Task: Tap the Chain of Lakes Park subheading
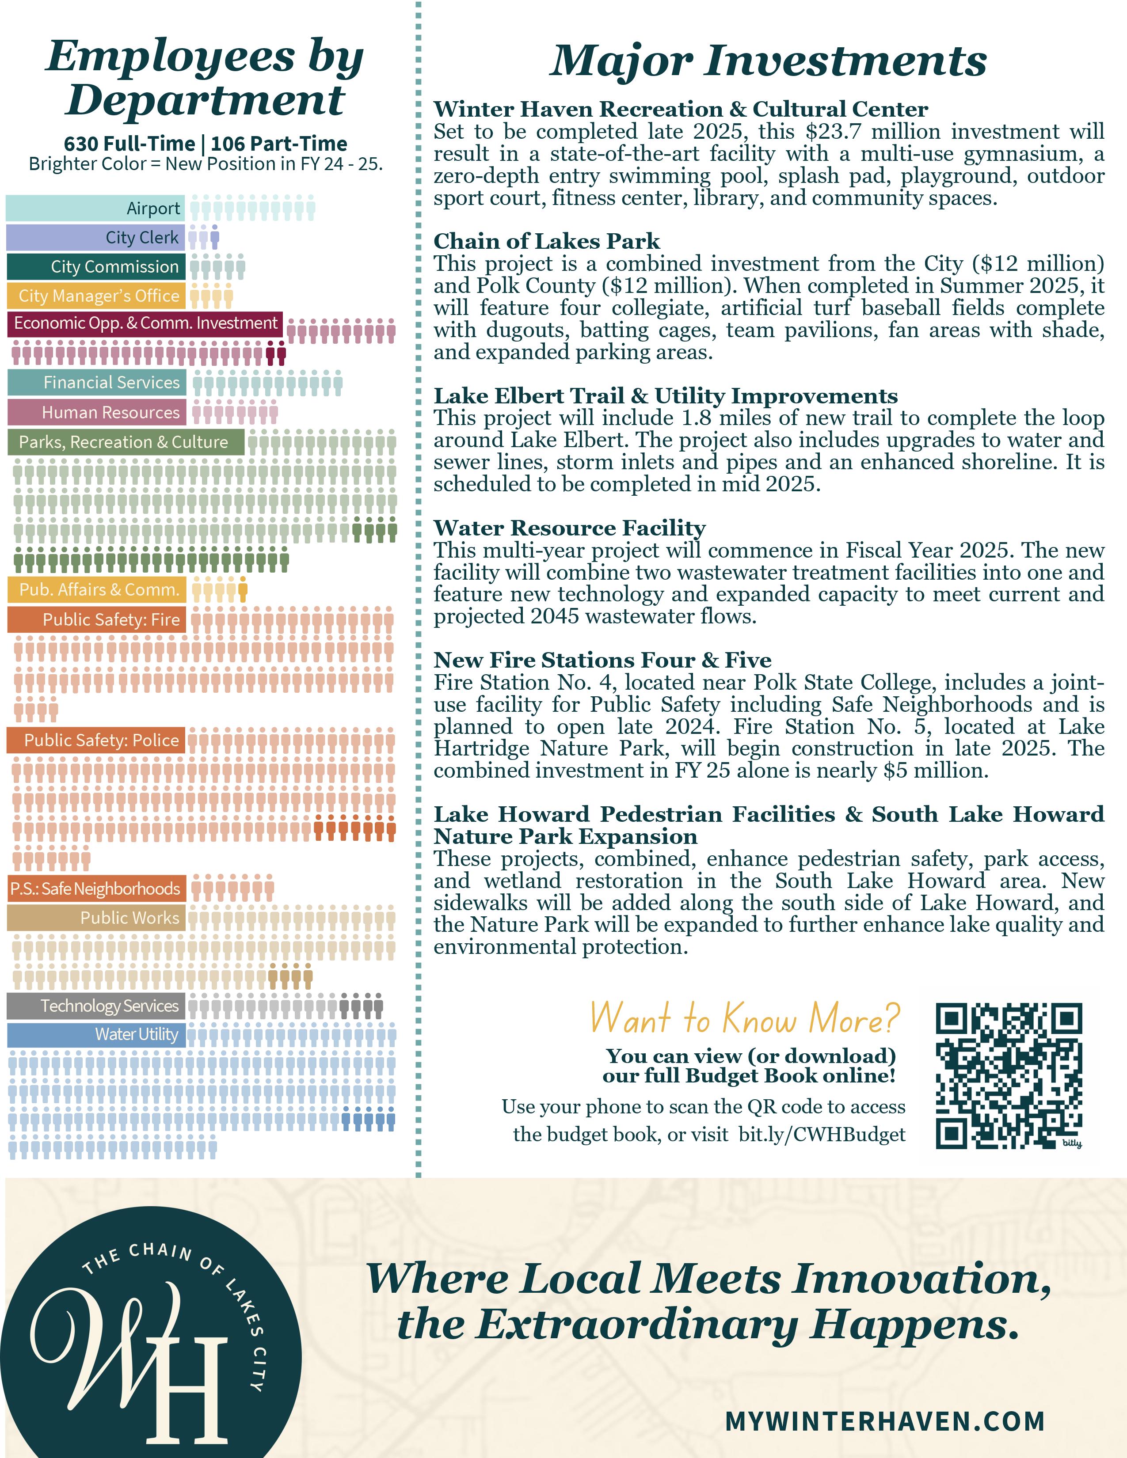tap(547, 241)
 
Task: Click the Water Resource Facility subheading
tap(570, 528)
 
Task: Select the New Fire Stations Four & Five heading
tap(602, 660)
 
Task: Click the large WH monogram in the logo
tap(133, 1355)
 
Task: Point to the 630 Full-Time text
tap(129, 144)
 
